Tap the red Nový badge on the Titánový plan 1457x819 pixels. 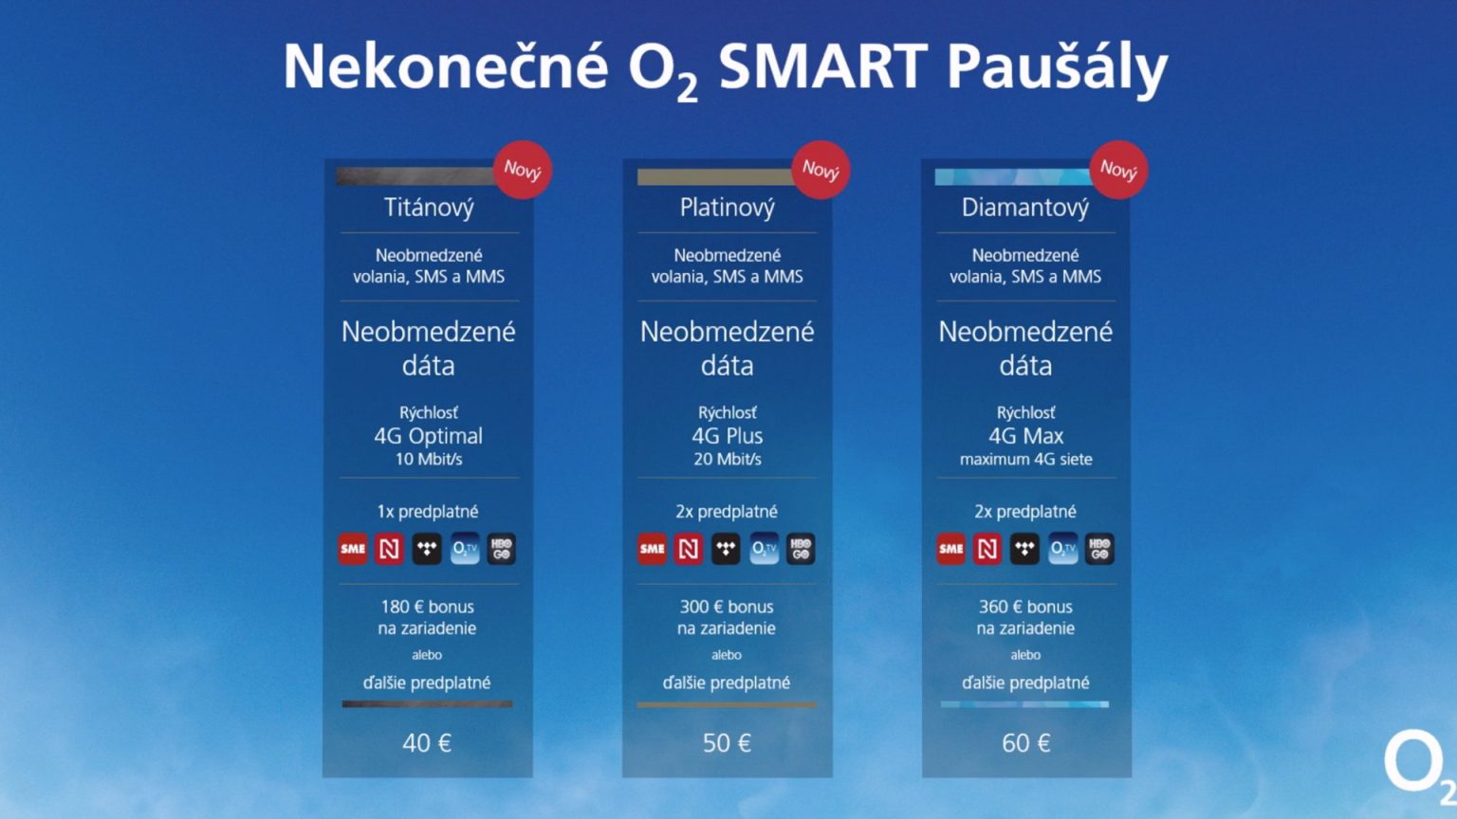523,170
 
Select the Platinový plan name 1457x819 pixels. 728,208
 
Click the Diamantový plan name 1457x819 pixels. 1025,208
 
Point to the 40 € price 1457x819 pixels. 427,743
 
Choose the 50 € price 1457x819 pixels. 727,743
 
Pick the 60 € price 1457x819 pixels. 1025,743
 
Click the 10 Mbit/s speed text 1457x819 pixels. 429,459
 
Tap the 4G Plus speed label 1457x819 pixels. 728,435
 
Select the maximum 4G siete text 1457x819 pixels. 1025,459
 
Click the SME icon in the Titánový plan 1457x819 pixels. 353,549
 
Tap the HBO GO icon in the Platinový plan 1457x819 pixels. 801,549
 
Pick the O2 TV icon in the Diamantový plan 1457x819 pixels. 1062,549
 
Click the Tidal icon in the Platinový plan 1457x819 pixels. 726,549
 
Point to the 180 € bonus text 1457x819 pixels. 428,607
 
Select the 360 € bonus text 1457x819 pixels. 1025,607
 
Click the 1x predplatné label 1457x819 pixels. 428,512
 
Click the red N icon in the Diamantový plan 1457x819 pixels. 987,549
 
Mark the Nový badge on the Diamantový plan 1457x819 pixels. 1118,170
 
